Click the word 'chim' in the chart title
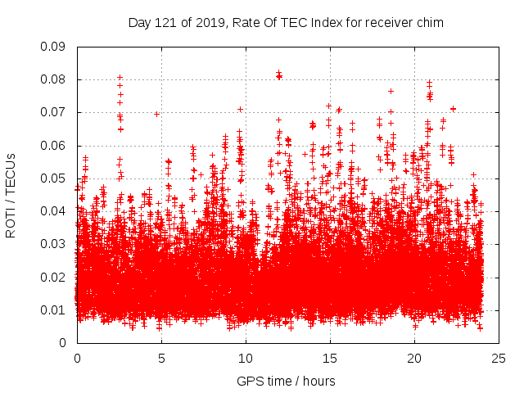[430, 23]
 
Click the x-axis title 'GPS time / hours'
[286, 381]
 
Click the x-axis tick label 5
[161, 358]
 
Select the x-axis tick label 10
[246, 358]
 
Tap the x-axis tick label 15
[330, 358]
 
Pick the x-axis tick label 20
[414, 358]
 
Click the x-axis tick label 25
[499, 358]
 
